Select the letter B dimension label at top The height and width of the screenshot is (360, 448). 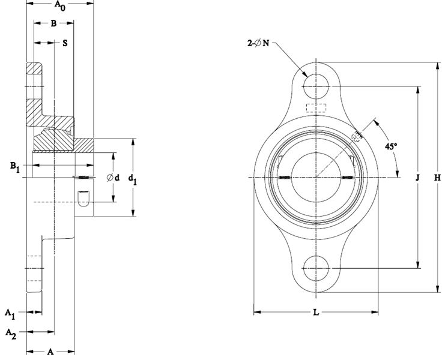(53, 24)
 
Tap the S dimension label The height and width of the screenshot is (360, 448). (64, 43)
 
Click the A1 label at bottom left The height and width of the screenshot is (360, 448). (10, 313)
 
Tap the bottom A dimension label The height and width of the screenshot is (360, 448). (50, 352)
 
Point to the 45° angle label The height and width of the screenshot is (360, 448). (392, 146)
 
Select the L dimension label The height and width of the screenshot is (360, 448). (316, 313)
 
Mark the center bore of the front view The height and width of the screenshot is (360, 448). (315, 178)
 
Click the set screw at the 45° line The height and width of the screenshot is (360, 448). (358, 136)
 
